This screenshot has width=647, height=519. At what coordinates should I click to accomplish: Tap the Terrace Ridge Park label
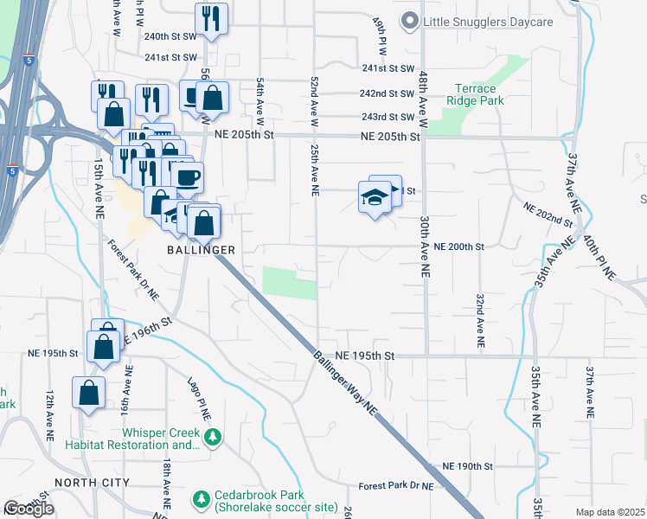pyautogui.click(x=476, y=94)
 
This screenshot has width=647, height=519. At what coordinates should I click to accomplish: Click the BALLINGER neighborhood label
pyautogui.click(x=202, y=249)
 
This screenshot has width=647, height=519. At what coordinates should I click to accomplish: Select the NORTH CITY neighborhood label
pyautogui.click(x=92, y=482)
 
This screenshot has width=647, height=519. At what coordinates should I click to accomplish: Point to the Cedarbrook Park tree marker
pyautogui.click(x=202, y=499)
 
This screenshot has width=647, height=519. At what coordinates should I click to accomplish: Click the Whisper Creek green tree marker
pyautogui.click(x=215, y=439)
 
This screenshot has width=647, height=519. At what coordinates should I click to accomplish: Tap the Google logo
pyautogui.click(x=29, y=509)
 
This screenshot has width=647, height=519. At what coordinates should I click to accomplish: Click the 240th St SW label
pyautogui.click(x=171, y=37)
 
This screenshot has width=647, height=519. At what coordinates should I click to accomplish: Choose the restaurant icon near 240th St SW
pyautogui.click(x=211, y=17)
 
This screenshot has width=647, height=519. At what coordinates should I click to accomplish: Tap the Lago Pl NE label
pyautogui.click(x=200, y=397)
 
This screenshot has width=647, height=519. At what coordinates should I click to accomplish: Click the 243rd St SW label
pyautogui.click(x=388, y=117)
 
